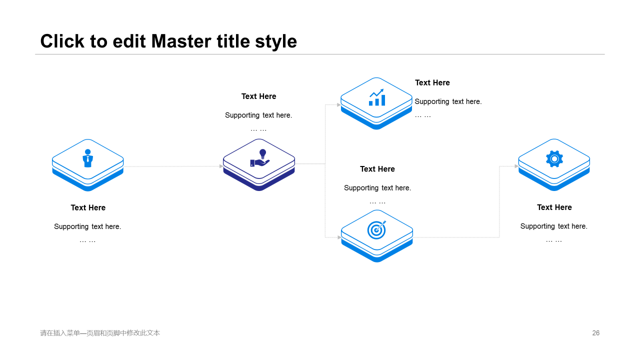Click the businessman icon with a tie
point(87,158)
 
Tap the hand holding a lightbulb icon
point(259,158)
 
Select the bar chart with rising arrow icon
point(377,97)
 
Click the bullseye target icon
point(376,229)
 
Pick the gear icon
point(554,159)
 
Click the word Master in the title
point(181,41)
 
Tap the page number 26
point(595,333)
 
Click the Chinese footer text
point(100,333)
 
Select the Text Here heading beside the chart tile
point(432,83)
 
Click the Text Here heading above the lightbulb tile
point(258,96)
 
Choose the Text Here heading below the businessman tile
point(88,207)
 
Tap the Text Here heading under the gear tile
point(554,207)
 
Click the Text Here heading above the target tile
point(377,169)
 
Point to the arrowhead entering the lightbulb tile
point(221,166)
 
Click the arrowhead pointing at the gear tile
point(516,166)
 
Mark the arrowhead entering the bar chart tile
point(339,105)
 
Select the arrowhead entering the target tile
point(339,237)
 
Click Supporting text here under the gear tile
point(553,226)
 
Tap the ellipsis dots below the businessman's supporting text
point(87,241)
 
